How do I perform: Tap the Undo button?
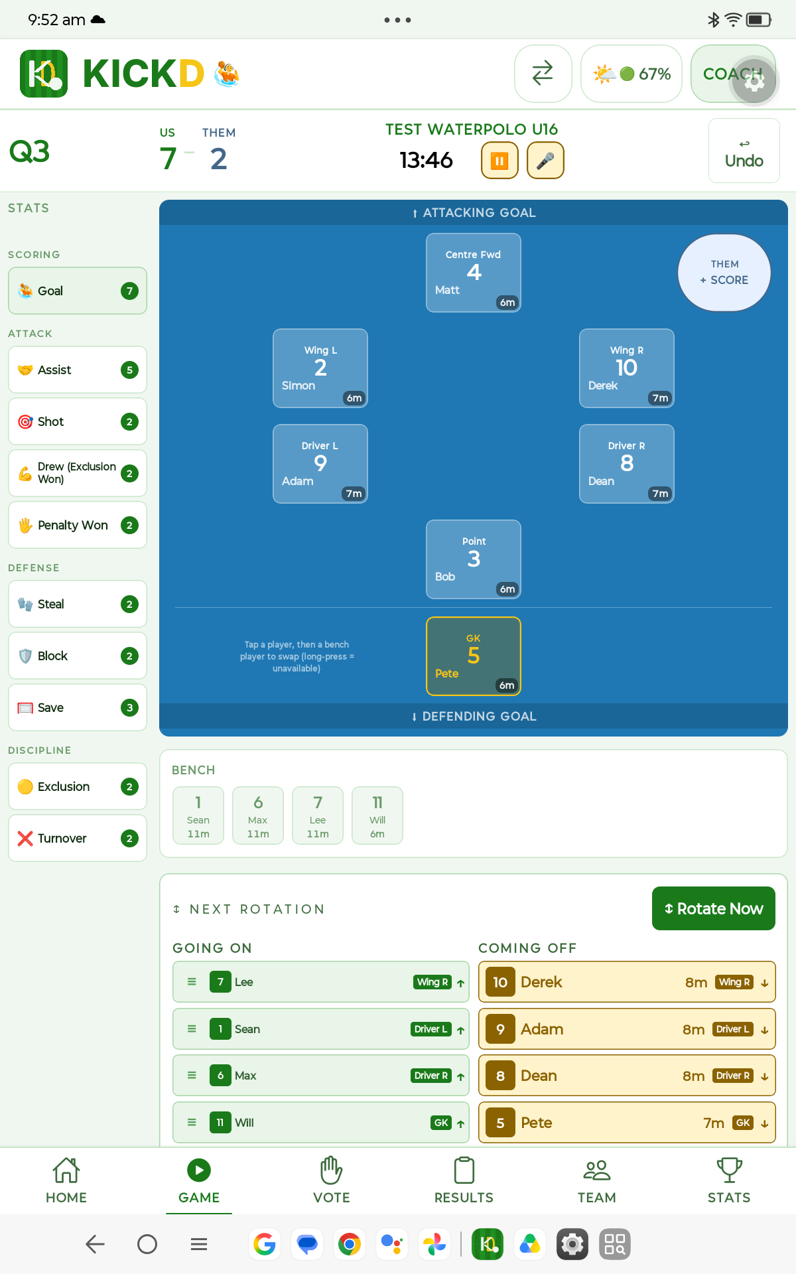pos(744,151)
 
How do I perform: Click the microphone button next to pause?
pos(545,161)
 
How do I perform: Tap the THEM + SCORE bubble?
pos(724,273)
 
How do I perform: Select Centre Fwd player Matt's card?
pos(474,273)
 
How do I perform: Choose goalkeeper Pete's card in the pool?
pos(474,656)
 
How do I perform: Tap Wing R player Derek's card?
pos(627,368)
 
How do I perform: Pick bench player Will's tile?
pos(377,815)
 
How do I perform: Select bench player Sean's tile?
pos(198,815)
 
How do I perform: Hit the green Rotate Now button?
pos(714,908)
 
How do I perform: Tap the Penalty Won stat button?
pos(78,525)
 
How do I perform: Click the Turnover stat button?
pos(78,838)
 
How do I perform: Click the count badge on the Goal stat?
pos(129,291)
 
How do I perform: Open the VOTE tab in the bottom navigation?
pos(332,1180)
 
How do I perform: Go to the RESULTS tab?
pos(464,1180)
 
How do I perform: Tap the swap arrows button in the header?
pos(543,74)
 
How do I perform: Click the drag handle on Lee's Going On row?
pos(192,981)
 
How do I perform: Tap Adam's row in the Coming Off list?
pos(627,1029)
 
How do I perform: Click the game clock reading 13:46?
pos(426,160)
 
